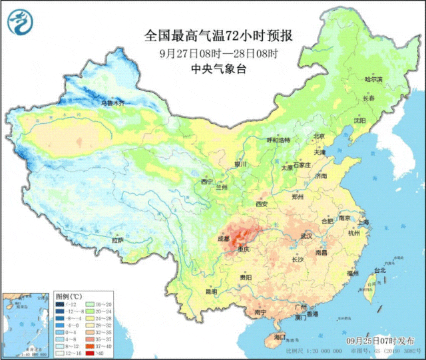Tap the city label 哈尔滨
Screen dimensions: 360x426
pyautogui.click(x=375, y=79)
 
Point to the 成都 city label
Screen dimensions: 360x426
pyautogui.click(x=224, y=237)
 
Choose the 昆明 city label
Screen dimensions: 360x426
pyautogui.click(x=211, y=291)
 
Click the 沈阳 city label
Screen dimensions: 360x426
pyautogui.click(x=378, y=121)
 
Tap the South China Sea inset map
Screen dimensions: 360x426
pyautogui.click(x=27, y=323)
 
